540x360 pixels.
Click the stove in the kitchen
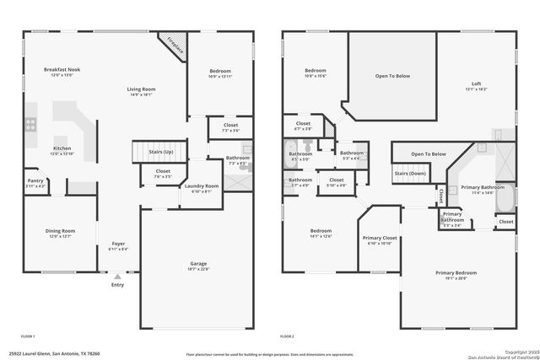31,124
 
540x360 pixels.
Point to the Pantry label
35,180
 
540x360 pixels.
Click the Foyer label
118,244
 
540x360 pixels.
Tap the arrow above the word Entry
116,275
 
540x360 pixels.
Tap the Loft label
477,83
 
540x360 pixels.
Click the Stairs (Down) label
410,173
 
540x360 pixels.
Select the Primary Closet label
380,239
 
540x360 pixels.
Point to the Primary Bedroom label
456,273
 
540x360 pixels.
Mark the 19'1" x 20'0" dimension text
456,279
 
